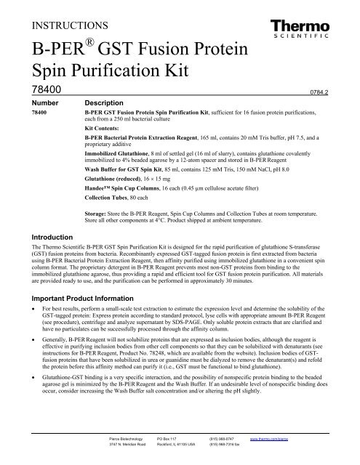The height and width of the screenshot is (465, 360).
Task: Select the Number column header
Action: (40, 104)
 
